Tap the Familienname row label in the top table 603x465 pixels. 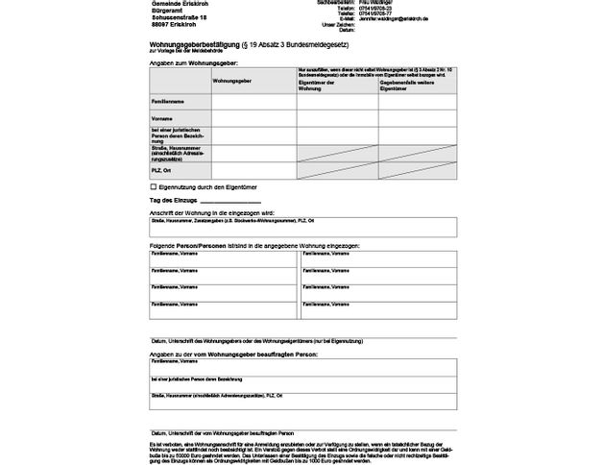[168, 100]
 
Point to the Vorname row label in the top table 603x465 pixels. [162, 117]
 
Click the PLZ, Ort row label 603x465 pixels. [163, 170]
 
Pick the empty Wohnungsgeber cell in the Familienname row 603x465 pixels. [253, 100]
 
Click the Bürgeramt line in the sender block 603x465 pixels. [169, 11]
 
